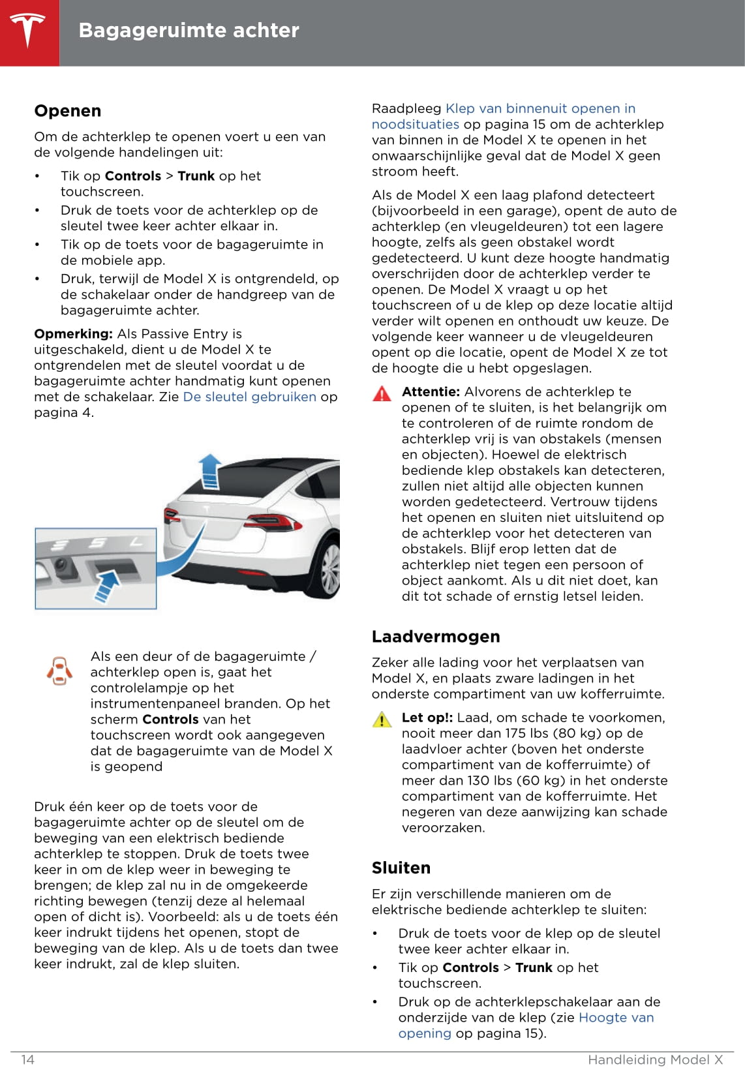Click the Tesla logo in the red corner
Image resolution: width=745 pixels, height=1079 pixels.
coord(28,31)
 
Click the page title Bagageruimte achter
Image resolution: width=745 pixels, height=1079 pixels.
coord(189,31)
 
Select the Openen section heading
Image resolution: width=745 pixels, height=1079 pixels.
coord(68,111)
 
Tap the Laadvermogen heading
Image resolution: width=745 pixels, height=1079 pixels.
coord(436,637)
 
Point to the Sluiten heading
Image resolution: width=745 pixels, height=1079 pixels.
coord(401,868)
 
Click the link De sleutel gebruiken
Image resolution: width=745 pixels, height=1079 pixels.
coord(250,397)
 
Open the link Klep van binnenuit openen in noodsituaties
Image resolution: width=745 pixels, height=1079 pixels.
coord(540,109)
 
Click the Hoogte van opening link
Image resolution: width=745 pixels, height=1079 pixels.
coord(616,1018)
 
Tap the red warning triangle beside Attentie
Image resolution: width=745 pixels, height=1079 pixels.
coord(382,393)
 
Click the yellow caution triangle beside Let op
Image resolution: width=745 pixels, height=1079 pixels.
coord(382,720)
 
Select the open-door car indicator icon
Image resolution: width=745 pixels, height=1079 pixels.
coord(59,671)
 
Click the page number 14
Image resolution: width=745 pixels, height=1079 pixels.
coord(27,1059)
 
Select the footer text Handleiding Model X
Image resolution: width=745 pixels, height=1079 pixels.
coord(655,1059)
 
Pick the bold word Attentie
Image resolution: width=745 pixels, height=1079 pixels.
coord(431,392)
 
